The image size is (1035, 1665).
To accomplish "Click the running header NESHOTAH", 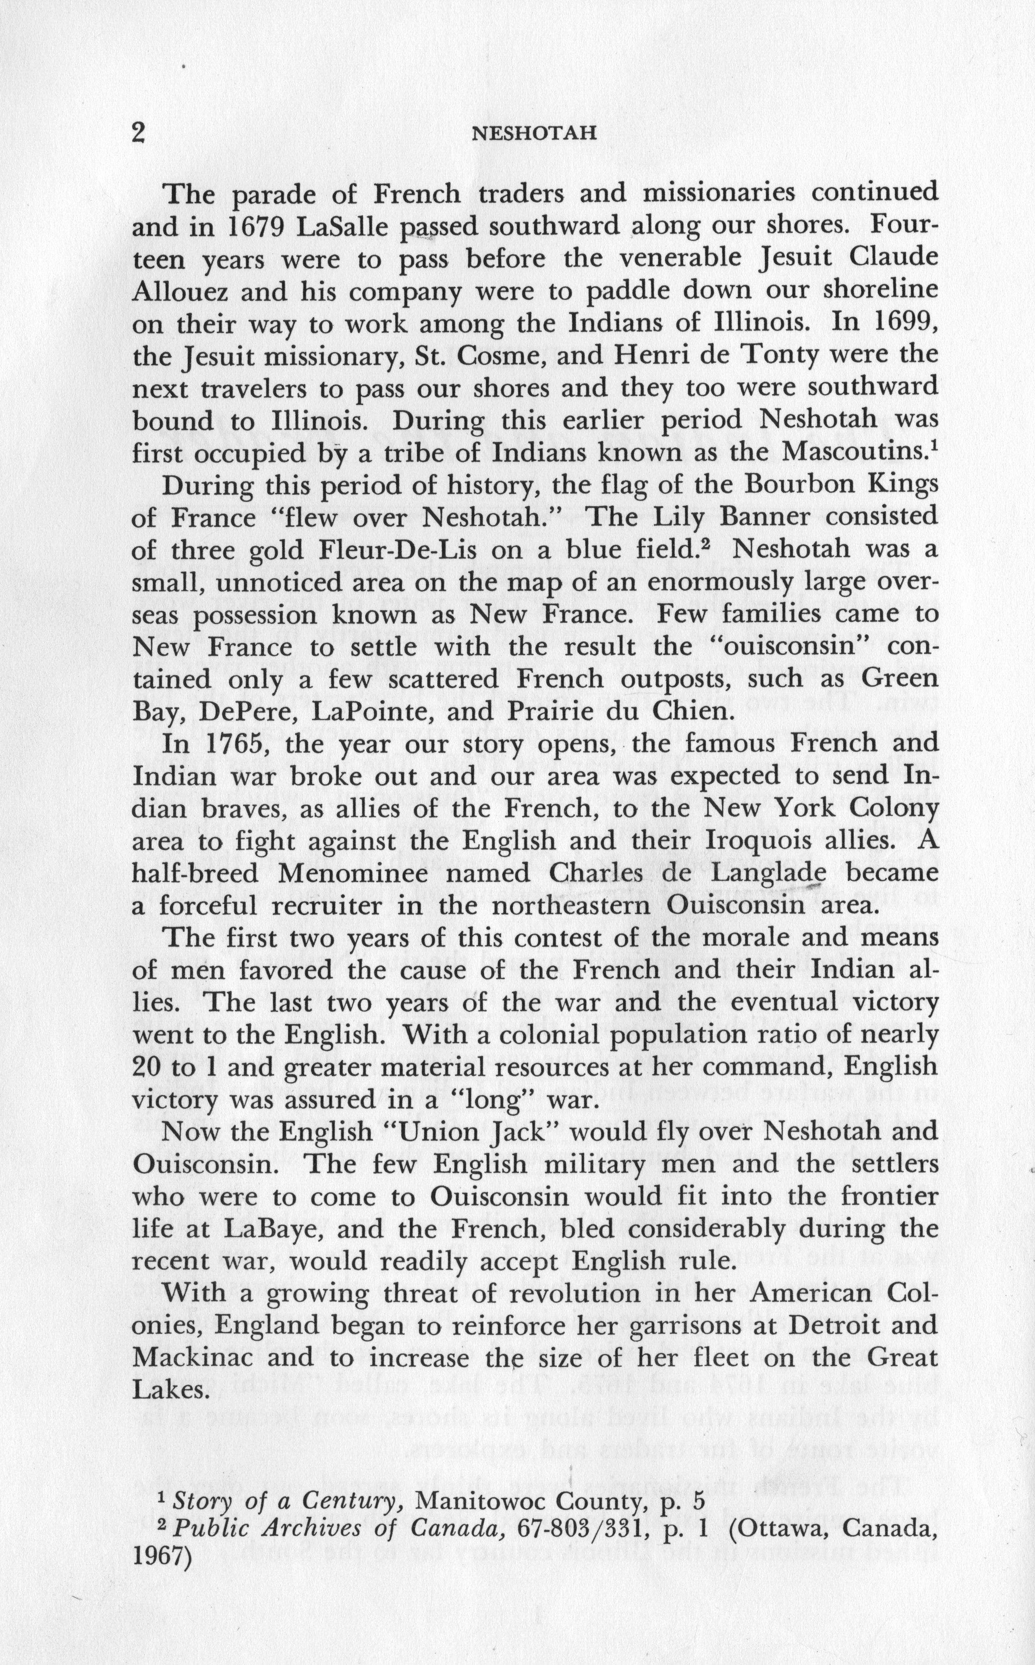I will tap(535, 134).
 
